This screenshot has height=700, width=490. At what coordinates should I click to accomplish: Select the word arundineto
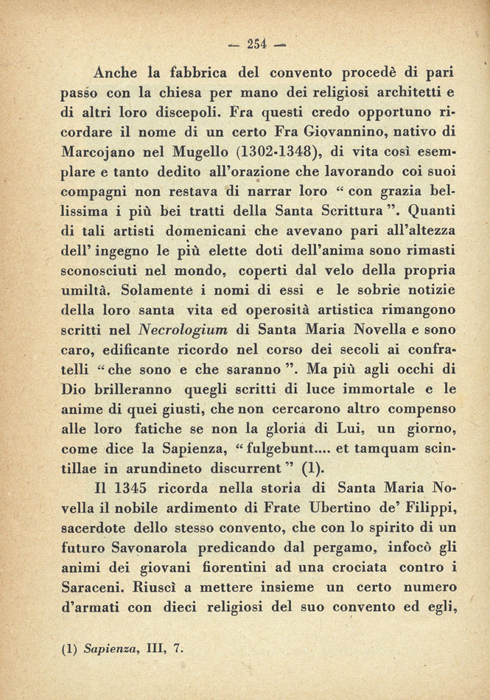point(166,468)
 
